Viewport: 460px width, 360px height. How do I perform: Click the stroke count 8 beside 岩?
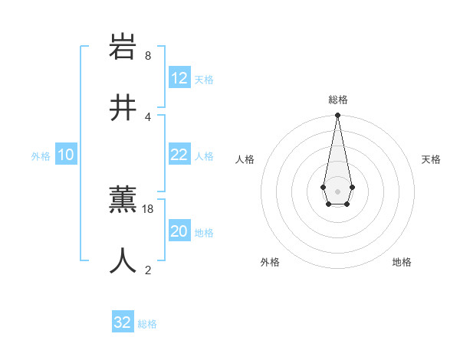click(148, 56)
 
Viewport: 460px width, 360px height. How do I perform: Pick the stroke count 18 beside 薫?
click(149, 208)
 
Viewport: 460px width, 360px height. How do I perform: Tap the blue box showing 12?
click(179, 78)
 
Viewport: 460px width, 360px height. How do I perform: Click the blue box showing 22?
click(179, 155)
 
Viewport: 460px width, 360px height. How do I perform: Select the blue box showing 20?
click(179, 231)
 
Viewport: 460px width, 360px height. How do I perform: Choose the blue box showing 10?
click(66, 155)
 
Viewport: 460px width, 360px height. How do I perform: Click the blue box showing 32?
click(123, 322)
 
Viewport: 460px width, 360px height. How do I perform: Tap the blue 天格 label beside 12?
click(204, 80)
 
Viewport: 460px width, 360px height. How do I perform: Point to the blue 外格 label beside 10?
click(41, 156)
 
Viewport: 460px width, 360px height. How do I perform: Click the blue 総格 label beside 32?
click(147, 324)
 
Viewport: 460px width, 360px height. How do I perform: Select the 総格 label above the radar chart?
click(338, 100)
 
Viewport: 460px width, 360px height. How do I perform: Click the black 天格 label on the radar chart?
click(432, 159)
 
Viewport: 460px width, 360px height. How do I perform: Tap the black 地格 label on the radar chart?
click(402, 262)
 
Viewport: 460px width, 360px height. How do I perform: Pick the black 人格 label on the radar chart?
click(245, 159)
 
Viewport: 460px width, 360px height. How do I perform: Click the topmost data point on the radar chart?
click(337, 116)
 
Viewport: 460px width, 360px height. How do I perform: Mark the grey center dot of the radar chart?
click(337, 191)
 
